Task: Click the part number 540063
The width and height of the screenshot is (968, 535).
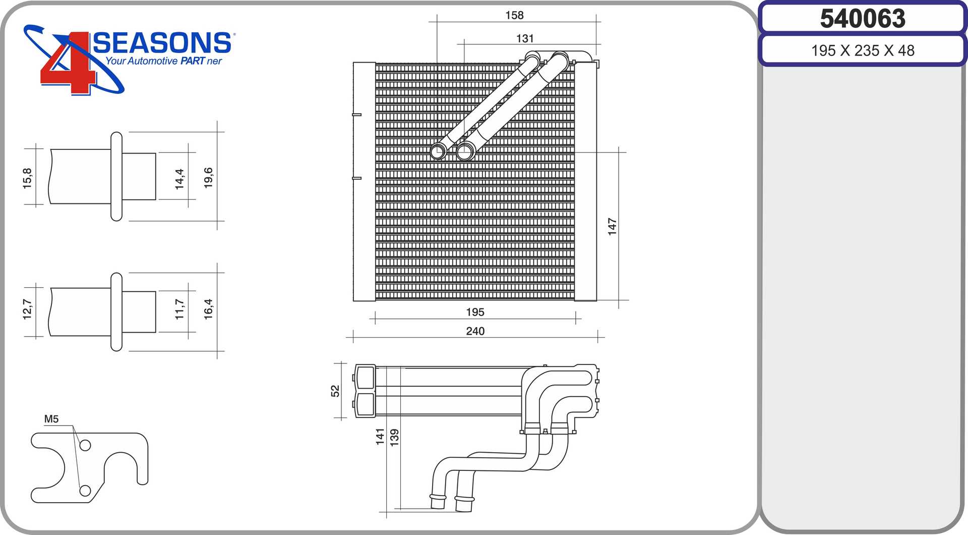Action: click(x=863, y=19)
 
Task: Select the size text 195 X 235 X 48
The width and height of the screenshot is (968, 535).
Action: click(x=863, y=50)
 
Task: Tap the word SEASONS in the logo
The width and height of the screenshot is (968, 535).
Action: click(x=162, y=43)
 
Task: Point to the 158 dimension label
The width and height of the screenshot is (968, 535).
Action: click(x=514, y=16)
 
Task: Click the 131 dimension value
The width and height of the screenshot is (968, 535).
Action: click(x=525, y=39)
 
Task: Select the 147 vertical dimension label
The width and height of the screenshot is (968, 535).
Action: click(x=612, y=227)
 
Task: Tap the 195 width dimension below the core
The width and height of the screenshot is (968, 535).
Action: click(x=475, y=312)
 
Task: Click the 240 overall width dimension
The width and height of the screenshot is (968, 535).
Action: click(x=475, y=331)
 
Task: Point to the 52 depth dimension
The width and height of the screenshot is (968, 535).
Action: click(x=335, y=391)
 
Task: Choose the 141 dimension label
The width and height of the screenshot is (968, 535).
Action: click(x=380, y=437)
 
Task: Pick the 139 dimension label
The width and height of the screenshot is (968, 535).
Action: click(x=395, y=437)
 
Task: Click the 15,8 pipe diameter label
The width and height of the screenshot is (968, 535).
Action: click(x=27, y=178)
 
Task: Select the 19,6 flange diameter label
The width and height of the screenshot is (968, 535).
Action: click(x=208, y=178)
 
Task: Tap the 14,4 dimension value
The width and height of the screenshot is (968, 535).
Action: click(x=179, y=179)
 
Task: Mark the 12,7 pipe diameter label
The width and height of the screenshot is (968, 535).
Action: click(x=27, y=309)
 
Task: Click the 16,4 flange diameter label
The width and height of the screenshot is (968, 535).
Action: click(x=208, y=309)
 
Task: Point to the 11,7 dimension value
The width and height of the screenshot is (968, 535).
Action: click(x=179, y=309)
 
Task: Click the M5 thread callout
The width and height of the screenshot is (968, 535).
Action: click(x=51, y=419)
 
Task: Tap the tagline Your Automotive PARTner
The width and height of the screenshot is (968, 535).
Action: click(x=164, y=61)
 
